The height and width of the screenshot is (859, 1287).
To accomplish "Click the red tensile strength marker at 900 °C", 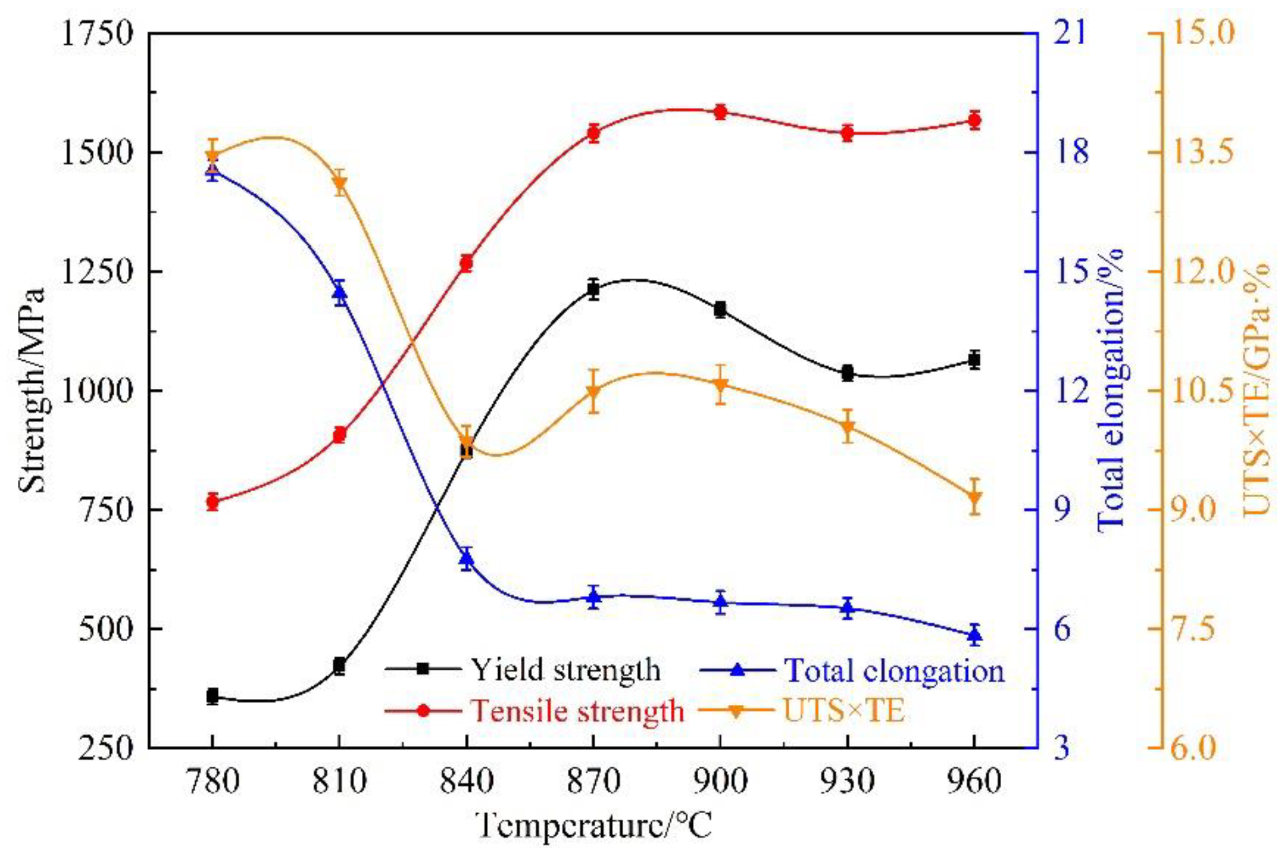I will (720, 112).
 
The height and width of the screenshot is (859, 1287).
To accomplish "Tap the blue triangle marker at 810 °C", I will (340, 294).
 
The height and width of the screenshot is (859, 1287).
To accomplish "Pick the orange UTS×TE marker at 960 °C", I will (974, 497).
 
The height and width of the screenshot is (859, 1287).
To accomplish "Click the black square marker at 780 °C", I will (212, 697).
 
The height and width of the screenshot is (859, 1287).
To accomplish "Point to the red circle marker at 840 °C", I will (466, 263).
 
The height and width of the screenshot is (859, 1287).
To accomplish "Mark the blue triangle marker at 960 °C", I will (974, 635).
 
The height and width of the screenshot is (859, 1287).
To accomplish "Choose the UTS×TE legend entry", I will (844, 711).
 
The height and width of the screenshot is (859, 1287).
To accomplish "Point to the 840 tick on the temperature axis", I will (466, 782).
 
